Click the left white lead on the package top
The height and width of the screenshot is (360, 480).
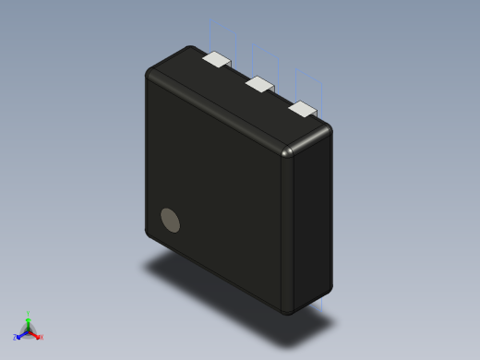tap(215, 59)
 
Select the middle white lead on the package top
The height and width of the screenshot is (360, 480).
tap(259, 84)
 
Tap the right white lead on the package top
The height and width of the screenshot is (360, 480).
tap(303, 109)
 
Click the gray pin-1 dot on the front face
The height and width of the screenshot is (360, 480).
tap(171, 220)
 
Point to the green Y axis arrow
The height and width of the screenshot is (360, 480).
tap(28, 319)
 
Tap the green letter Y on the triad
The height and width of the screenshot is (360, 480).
tap(29, 314)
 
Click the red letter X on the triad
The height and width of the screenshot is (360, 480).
tap(42, 337)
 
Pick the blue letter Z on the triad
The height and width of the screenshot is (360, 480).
tap(16, 337)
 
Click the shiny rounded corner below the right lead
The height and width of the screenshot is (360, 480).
tap(289, 151)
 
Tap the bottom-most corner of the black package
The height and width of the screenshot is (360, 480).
tap(289, 312)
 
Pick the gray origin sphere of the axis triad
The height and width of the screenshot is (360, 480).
tap(28, 330)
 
